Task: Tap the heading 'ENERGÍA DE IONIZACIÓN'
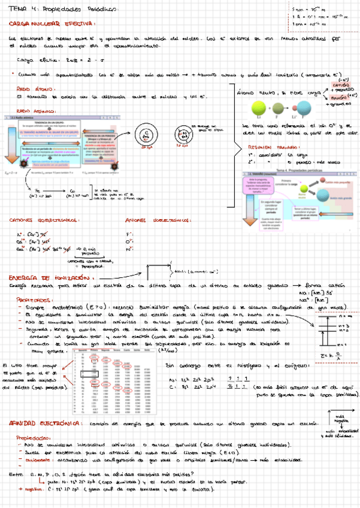tap(46, 278)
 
